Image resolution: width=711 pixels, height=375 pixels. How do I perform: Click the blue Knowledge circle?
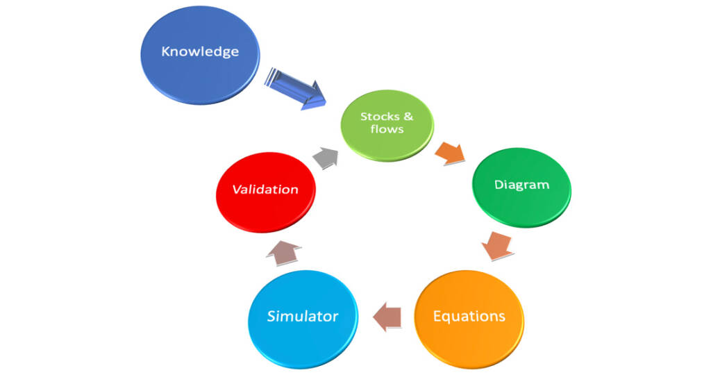click(x=200, y=55)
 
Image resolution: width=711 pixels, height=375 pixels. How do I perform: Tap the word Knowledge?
click(x=200, y=51)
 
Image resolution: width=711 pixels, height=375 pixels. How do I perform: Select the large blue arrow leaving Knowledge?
click(x=295, y=88)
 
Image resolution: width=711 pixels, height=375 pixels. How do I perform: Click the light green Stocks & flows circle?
click(x=387, y=125)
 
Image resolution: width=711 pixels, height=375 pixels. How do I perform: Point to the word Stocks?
click(x=380, y=117)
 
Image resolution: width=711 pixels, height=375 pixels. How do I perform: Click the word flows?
click(x=387, y=129)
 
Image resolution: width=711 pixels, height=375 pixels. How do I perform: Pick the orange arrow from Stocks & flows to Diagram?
click(x=450, y=153)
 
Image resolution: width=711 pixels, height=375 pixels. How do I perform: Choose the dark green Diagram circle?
click(x=521, y=187)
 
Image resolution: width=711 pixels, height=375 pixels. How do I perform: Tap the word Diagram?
click(x=521, y=185)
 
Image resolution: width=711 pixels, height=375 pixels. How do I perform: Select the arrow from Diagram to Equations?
click(x=497, y=246)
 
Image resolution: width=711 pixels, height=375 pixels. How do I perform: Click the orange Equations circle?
click(x=469, y=319)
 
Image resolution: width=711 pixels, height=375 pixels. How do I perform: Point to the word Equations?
click(x=469, y=316)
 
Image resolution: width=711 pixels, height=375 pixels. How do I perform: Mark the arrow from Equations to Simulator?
click(x=387, y=317)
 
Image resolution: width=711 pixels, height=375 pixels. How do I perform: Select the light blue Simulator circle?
click(x=303, y=319)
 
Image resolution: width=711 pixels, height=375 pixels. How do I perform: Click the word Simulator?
click(x=303, y=316)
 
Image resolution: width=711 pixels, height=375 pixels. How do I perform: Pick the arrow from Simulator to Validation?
click(x=283, y=253)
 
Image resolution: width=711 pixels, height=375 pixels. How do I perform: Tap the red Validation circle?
click(x=266, y=192)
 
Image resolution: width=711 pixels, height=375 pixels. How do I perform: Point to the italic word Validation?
click(x=265, y=189)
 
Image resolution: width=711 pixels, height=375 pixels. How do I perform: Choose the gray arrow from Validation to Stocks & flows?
click(x=326, y=158)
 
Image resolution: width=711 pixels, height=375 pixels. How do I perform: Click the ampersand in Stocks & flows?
click(x=408, y=117)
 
